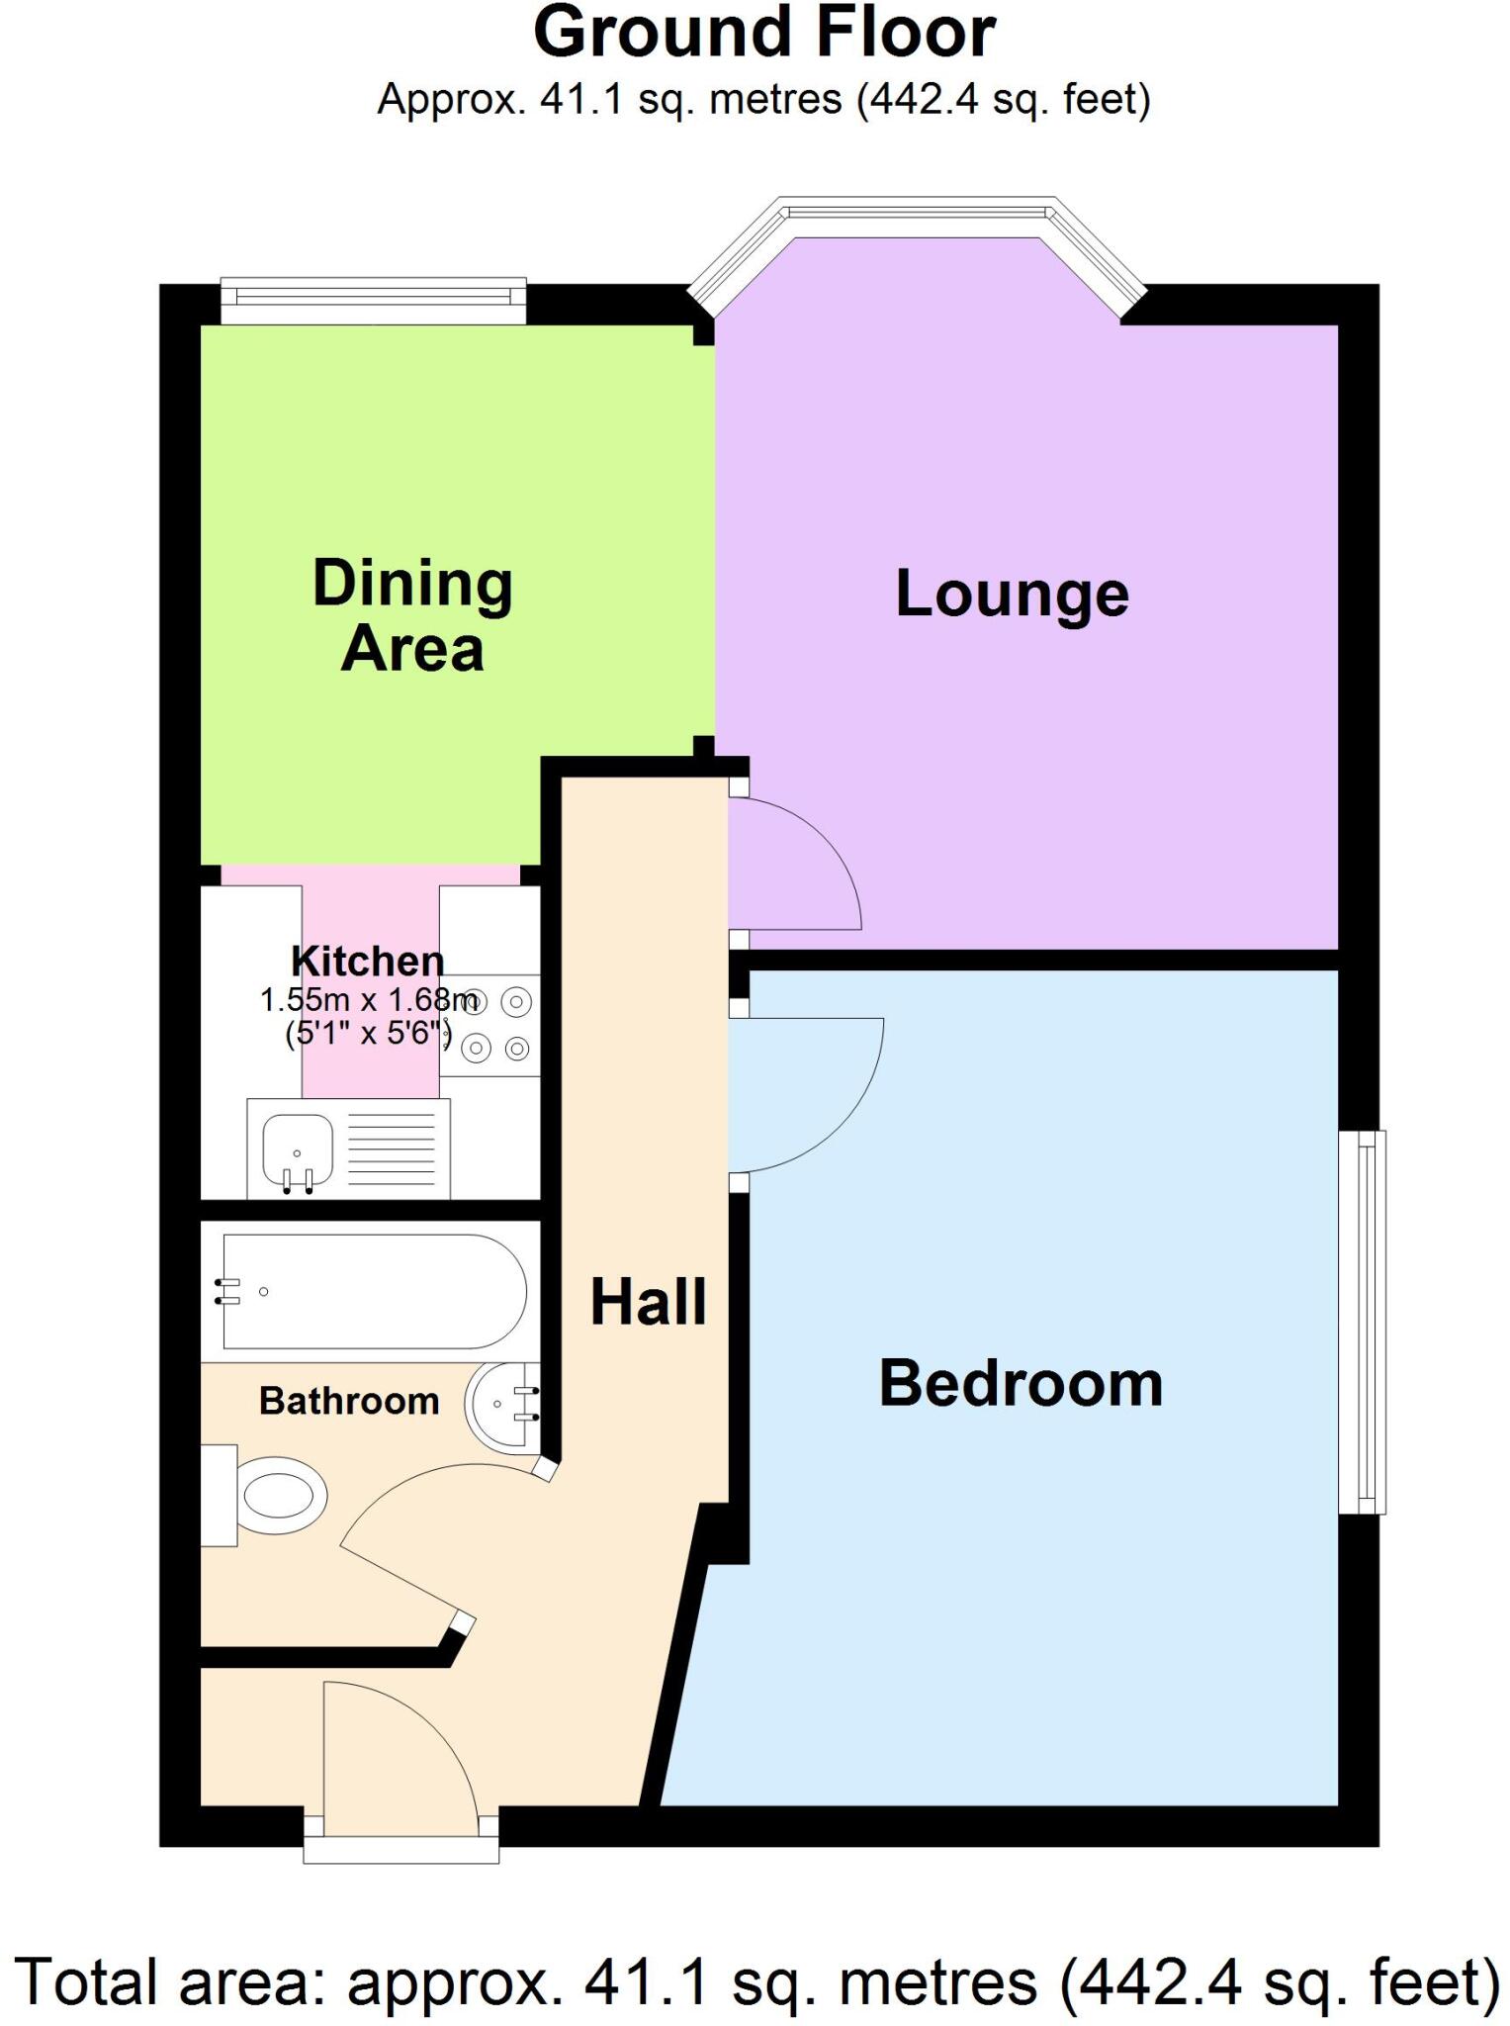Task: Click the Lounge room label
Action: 1012,595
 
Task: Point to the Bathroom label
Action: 349,1401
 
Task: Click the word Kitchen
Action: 368,961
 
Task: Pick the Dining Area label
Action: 412,615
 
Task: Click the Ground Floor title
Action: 763,34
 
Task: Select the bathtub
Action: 374,1291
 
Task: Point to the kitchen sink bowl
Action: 297,1151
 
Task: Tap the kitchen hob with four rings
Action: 490,1025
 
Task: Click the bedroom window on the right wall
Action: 1364,1323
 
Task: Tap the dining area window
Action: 373,299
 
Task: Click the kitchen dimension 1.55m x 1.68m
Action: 368,1000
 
